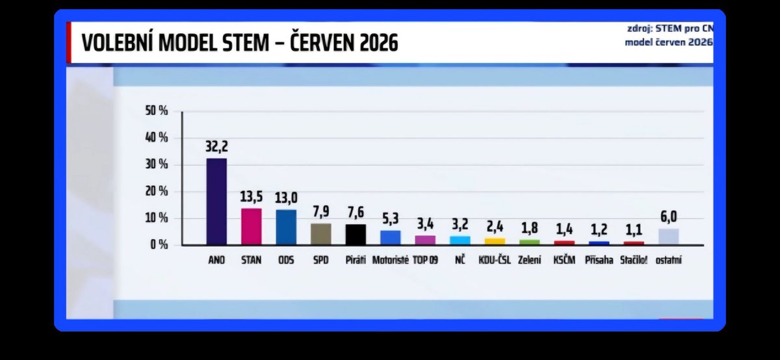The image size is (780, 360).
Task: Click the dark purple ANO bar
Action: (216, 201)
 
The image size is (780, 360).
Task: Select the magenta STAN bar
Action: (252, 227)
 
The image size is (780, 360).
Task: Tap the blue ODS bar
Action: (286, 227)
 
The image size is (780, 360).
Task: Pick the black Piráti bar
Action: (356, 235)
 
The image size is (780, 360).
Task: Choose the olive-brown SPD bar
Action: (321, 235)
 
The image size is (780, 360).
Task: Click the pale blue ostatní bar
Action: (669, 237)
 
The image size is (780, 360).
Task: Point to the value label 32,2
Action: (216, 147)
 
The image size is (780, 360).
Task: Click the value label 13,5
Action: (252, 197)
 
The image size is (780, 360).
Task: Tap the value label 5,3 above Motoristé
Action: (391, 218)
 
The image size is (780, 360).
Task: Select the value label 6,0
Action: (669, 217)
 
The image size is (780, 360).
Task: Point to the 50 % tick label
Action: (157, 110)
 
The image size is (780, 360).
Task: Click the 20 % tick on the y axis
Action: (157, 191)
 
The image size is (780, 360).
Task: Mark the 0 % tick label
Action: (159, 245)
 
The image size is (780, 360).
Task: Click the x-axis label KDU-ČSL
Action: (495, 260)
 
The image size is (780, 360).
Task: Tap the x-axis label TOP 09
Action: (425, 260)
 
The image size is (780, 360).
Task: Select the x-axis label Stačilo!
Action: (634, 260)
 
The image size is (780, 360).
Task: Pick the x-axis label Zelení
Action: (529, 260)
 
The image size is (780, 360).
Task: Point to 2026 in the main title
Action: (378, 43)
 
